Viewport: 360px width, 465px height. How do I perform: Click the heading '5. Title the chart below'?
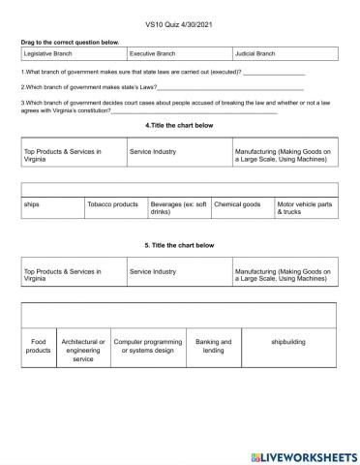(x=179, y=245)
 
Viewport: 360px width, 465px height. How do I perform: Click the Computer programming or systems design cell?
(x=147, y=346)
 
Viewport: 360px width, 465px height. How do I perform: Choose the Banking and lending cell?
(x=213, y=346)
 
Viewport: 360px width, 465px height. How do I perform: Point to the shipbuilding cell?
(x=288, y=342)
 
